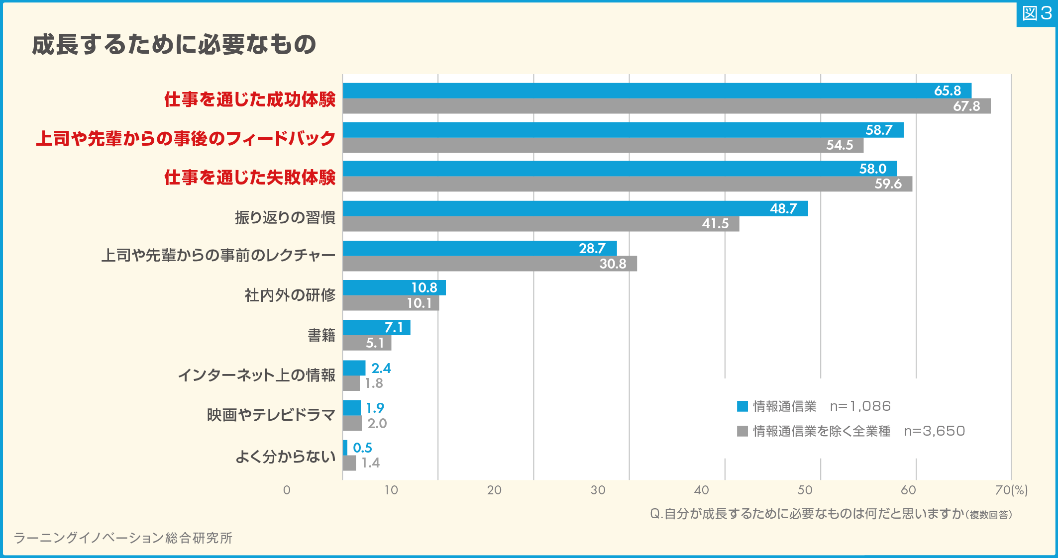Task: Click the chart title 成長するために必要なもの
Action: [x=174, y=44]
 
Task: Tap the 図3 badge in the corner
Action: [x=1037, y=13]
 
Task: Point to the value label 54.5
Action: [x=840, y=145]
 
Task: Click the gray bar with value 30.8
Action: [x=473, y=264]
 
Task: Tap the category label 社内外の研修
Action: [x=290, y=295]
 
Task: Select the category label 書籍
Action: [x=321, y=335]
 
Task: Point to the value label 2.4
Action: [x=381, y=368]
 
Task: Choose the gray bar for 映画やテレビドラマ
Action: [x=352, y=423]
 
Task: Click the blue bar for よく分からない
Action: [x=345, y=448]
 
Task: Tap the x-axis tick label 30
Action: [x=598, y=490]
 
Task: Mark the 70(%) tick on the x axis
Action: [x=1011, y=490]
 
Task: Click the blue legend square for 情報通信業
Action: [x=742, y=406]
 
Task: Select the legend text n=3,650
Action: [x=934, y=431]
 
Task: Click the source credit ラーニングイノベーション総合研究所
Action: [x=123, y=538]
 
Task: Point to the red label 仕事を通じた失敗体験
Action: [x=250, y=177]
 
